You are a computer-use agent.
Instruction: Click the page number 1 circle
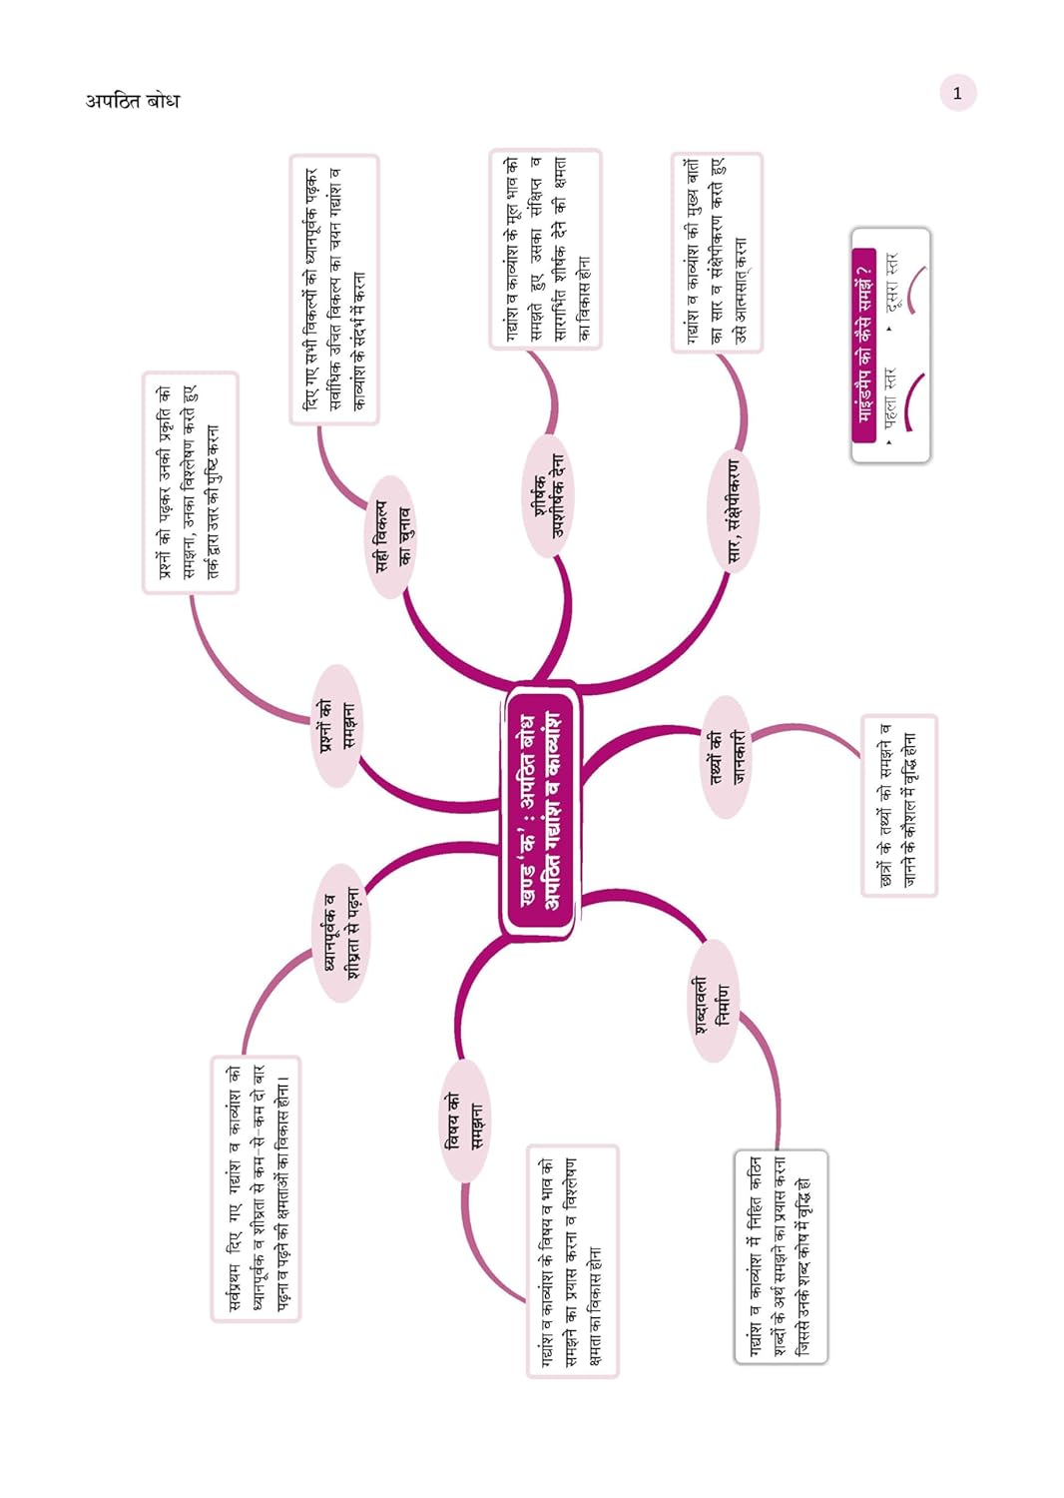(x=957, y=93)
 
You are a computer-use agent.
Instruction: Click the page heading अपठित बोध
(x=133, y=101)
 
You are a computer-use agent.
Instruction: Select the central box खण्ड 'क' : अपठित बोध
(x=539, y=811)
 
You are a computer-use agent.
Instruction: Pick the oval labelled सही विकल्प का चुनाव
(x=391, y=536)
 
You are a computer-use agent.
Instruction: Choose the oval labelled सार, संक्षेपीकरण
(x=734, y=511)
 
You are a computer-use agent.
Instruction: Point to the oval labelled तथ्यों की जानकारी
(x=727, y=756)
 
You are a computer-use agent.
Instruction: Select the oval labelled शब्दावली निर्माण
(x=713, y=1000)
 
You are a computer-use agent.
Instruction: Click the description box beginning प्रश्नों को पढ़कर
(x=191, y=482)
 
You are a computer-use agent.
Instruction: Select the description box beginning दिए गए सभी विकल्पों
(x=334, y=290)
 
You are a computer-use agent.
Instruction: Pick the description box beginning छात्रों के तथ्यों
(x=899, y=805)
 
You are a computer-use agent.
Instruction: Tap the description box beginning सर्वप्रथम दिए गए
(x=256, y=1189)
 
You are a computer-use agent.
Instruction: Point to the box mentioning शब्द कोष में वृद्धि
(x=781, y=1257)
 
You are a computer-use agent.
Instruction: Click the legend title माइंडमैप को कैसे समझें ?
(x=864, y=345)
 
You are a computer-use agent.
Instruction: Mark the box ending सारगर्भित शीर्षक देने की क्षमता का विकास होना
(x=545, y=249)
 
